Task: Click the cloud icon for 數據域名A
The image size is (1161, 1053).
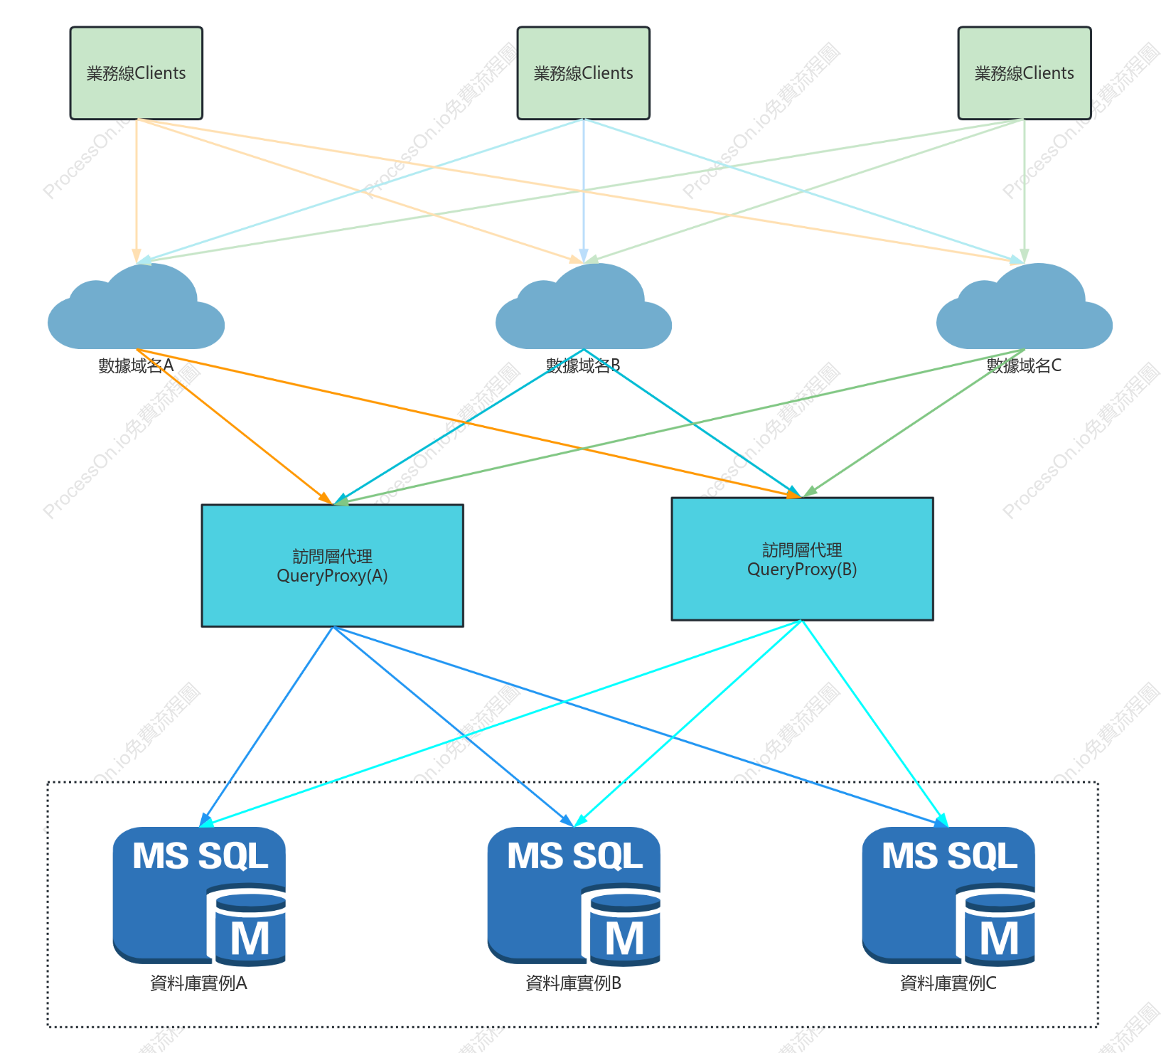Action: pos(136,306)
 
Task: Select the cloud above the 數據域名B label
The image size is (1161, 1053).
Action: pos(583,306)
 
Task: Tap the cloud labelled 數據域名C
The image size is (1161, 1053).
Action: pos(1024,306)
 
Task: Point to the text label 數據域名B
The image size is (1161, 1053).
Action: pos(583,365)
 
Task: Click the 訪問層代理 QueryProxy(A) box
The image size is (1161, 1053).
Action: pos(332,565)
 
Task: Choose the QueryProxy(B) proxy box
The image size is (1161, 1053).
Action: pos(802,559)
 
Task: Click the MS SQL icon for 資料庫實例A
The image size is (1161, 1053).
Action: pos(199,896)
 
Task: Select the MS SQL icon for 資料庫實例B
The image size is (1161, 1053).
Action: pos(574,896)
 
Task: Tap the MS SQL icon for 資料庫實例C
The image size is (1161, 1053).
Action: pos(948,896)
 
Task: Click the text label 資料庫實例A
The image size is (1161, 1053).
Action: pos(198,983)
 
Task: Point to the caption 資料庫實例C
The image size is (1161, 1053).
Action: pos(948,983)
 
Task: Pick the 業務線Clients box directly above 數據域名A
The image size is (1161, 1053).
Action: pos(137,73)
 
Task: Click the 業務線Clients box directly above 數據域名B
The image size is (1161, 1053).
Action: pos(583,73)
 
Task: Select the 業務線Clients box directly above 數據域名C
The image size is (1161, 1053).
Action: pos(1024,73)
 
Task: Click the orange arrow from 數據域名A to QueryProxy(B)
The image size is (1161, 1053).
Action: pos(469,423)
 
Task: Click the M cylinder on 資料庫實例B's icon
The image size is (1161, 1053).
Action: pos(622,925)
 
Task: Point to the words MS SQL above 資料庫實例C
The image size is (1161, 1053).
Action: pos(949,856)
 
